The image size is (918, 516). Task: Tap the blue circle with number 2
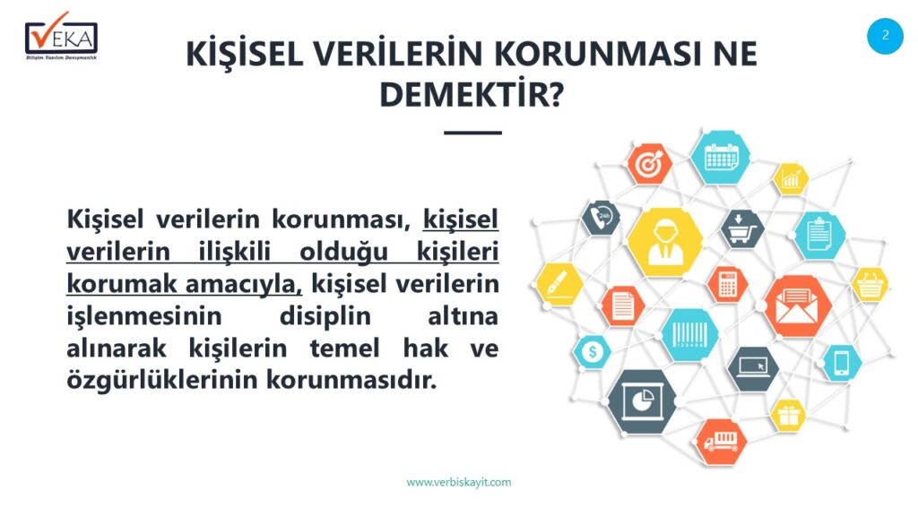pyautogui.click(x=885, y=36)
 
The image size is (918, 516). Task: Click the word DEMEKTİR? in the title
pyautogui.click(x=472, y=94)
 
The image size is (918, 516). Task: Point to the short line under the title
pyautogui.click(x=472, y=133)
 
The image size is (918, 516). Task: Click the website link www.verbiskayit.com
pyautogui.click(x=459, y=482)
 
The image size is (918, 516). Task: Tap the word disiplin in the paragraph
pyautogui.click(x=325, y=316)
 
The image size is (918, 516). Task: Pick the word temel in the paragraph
pyautogui.click(x=345, y=348)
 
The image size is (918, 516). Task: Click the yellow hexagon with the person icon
pyautogui.click(x=665, y=242)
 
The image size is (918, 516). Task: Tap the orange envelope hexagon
pyautogui.click(x=797, y=306)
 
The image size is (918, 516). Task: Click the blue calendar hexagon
pyautogui.click(x=720, y=158)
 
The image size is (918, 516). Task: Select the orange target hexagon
pyautogui.click(x=649, y=164)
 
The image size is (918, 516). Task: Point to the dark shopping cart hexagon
pyautogui.click(x=742, y=228)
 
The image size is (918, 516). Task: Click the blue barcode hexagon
pyautogui.click(x=689, y=335)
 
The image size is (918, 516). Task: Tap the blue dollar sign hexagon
pyautogui.click(x=592, y=352)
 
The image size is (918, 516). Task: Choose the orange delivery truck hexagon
pyautogui.click(x=722, y=442)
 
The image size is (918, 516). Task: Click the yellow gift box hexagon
pyautogui.click(x=787, y=416)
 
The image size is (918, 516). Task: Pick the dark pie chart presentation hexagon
pyautogui.click(x=642, y=401)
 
